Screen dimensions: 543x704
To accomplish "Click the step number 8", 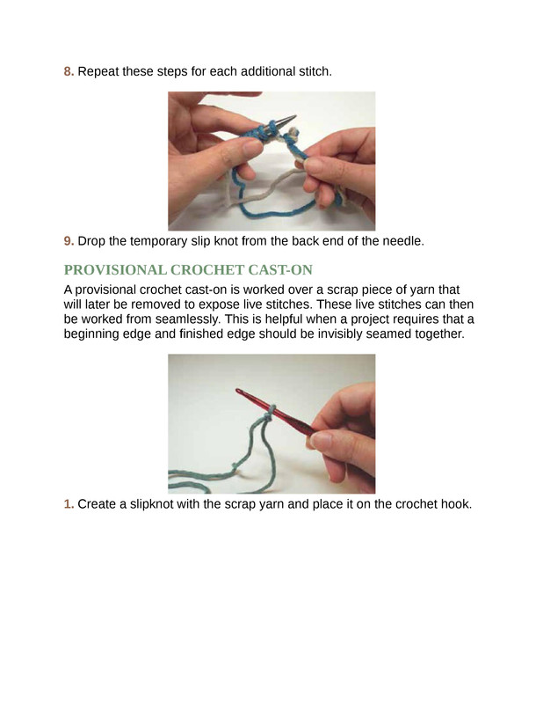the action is click(69, 71).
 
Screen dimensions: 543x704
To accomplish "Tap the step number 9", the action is click(69, 241).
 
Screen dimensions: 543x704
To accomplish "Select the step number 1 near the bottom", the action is click(69, 504).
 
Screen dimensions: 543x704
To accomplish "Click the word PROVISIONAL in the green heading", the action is click(115, 270).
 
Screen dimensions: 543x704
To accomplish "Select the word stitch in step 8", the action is click(315, 71).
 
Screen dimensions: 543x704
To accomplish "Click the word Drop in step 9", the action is click(91, 241).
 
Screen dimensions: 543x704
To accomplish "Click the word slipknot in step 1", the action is click(151, 504).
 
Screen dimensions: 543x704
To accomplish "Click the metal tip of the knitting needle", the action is click(287, 120).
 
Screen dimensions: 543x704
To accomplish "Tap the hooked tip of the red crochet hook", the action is click(238, 391).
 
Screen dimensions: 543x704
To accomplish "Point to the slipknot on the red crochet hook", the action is click(268, 414).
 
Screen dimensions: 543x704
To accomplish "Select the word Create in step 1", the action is click(97, 504).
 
